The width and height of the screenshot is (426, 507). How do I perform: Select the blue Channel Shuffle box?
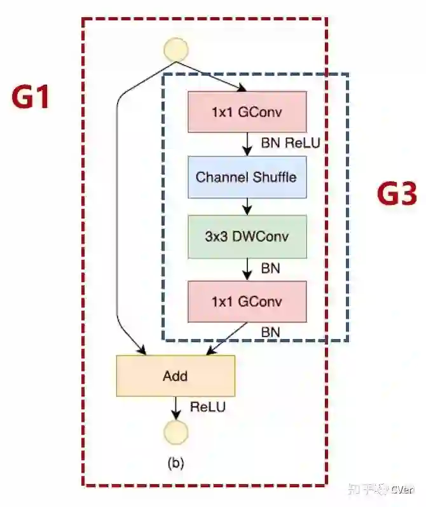[x=247, y=176]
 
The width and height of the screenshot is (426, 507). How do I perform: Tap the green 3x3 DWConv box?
[x=247, y=236]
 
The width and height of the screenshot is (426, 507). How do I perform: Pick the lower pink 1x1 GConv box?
[x=247, y=301]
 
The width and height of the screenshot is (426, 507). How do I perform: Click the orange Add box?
[x=175, y=375]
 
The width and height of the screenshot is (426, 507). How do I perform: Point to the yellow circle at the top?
[x=175, y=50]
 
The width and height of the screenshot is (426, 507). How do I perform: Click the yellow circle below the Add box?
[x=175, y=432]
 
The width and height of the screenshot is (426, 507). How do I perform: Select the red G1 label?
[x=31, y=97]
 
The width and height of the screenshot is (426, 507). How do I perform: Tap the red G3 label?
[x=397, y=195]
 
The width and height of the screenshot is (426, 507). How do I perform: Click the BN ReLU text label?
[x=290, y=144]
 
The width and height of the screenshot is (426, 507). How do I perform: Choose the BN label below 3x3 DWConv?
[x=270, y=268]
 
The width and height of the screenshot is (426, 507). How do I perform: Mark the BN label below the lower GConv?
[x=270, y=331]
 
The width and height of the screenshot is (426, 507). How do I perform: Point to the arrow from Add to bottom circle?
[x=175, y=407]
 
